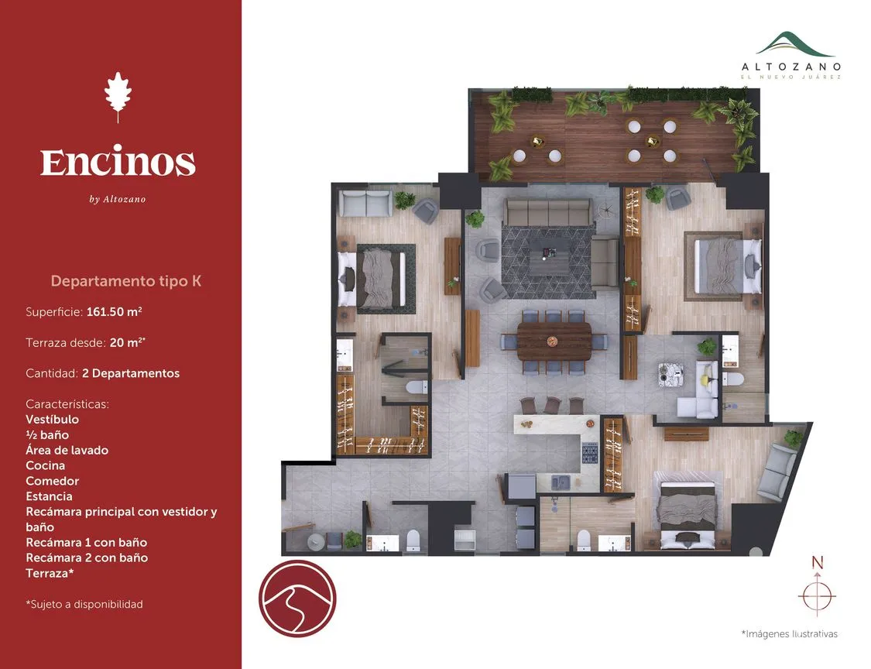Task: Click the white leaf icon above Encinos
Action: [x=118, y=95]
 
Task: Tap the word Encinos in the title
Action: [x=118, y=162]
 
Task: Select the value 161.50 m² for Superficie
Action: [x=115, y=311]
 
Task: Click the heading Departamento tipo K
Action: [x=126, y=280]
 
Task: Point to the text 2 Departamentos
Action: [x=131, y=373]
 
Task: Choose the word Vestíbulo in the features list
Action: [x=52, y=420]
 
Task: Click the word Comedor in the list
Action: [x=52, y=481]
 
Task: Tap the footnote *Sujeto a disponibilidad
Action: [x=84, y=604]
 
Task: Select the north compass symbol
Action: [x=817, y=590]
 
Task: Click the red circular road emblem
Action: [x=297, y=599]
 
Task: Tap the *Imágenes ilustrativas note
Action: [x=790, y=633]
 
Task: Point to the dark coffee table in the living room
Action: [x=549, y=256]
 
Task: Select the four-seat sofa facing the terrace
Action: [x=547, y=213]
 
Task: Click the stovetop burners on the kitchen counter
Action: [x=589, y=452]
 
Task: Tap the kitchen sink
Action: [x=561, y=482]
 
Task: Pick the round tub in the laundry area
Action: [x=316, y=540]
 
